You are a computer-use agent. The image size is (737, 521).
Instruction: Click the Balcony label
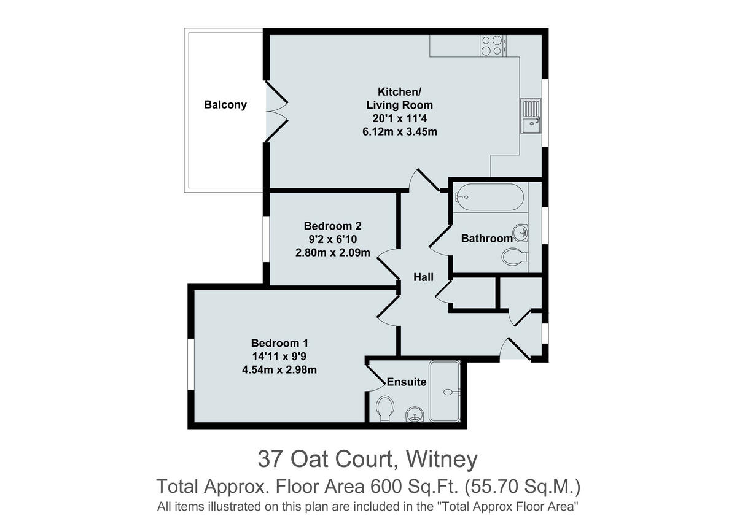[225, 105]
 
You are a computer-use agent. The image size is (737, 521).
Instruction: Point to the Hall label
[423, 277]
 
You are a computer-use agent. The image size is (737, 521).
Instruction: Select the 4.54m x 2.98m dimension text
[279, 369]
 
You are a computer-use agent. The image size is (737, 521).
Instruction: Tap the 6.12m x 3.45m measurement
[399, 132]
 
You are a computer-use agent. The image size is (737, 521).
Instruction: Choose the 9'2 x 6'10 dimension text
[332, 239]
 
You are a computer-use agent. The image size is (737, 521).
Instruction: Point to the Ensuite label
[406, 382]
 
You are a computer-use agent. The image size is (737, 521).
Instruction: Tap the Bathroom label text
[486, 239]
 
